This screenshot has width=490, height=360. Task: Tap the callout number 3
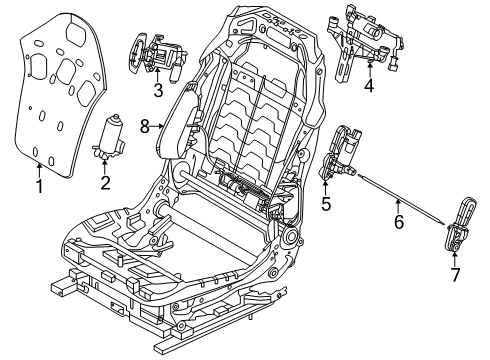click(157, 93)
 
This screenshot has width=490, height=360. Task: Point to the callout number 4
click(369, 87)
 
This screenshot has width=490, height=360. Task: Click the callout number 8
click(144, 126)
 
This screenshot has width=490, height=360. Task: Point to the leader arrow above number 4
click(369, 68)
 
